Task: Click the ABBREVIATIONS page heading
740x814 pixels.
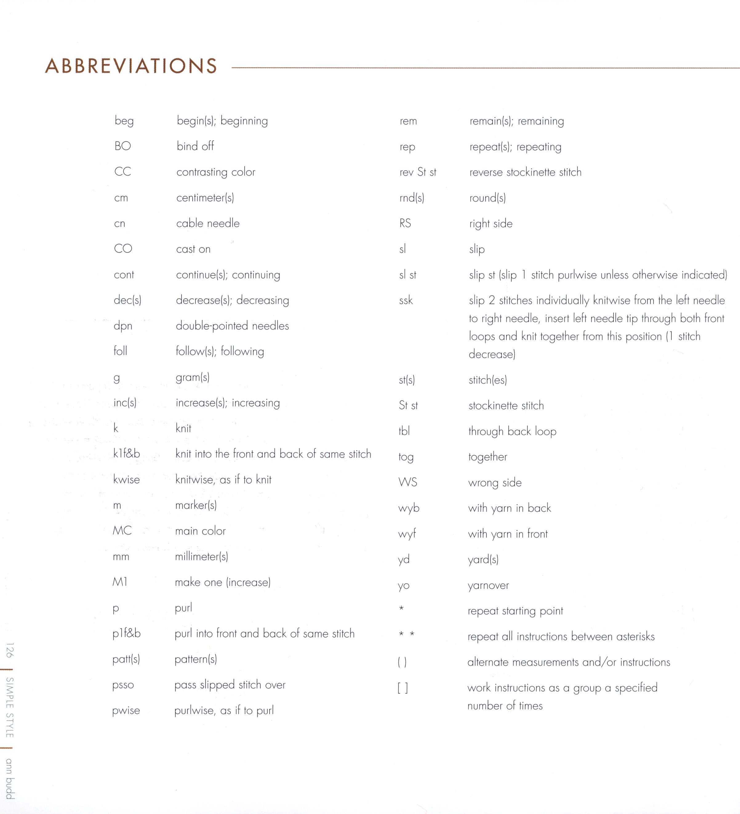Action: point(131,66)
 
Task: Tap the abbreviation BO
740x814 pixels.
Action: point(123,146)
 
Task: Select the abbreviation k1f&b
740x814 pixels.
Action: point(126,454)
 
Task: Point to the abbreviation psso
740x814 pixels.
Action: point(123,685)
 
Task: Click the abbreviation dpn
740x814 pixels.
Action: point(123,326)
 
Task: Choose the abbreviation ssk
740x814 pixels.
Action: point(406,300)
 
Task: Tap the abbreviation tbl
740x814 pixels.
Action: point(404,431)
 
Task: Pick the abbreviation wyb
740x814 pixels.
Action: point(409,508)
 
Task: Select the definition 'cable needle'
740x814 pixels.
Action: point(208,223)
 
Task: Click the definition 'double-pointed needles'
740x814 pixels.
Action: point(232,326)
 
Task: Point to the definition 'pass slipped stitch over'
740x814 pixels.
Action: point(230,685)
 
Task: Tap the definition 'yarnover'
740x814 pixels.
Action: point(488,586)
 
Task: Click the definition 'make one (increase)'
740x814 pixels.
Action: point(222,582)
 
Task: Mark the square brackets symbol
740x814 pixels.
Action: point(403,688)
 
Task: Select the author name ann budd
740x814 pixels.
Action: point(10,779)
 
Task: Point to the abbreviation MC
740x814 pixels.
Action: point(122,530)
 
